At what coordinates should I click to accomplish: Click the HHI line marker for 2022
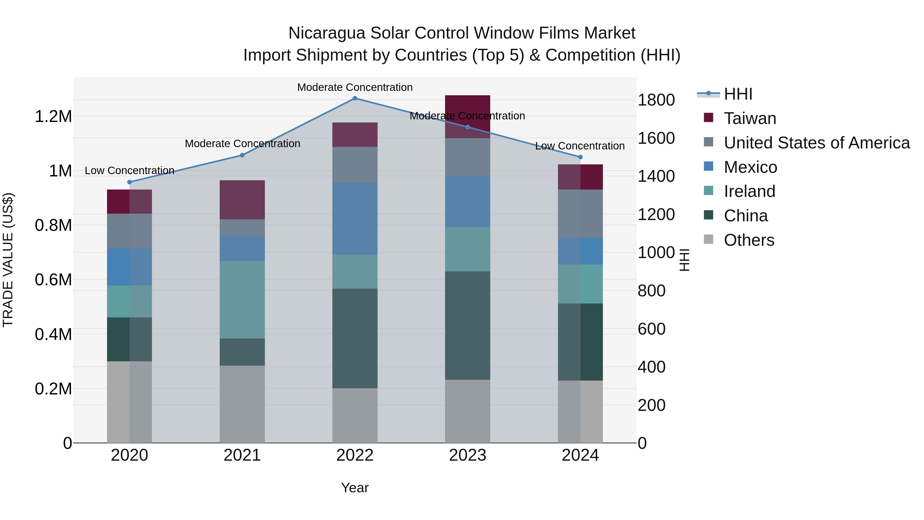point(355,98)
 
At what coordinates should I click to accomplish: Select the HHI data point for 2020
point(130,182)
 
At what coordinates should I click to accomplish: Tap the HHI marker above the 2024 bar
point(580,157)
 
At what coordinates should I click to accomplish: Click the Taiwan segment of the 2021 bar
point(242,200)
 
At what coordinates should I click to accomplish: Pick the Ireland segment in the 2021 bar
point(242,300)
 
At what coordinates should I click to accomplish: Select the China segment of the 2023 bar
point(467,326)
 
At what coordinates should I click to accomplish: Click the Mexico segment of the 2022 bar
point(355,219)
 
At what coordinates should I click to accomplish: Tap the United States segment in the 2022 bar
point(355,165)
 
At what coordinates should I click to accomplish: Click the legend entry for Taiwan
point(750,118)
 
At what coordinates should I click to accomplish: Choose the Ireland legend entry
point(749,191)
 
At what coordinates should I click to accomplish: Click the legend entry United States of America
point(816,143)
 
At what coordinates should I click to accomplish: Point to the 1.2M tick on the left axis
point(53,117)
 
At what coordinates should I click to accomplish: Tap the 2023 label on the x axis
point(467,455)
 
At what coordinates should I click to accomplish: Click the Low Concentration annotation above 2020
point(130,171)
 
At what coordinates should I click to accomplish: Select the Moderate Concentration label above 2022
point(355,87)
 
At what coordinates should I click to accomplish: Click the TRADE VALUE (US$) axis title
point(8,260)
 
